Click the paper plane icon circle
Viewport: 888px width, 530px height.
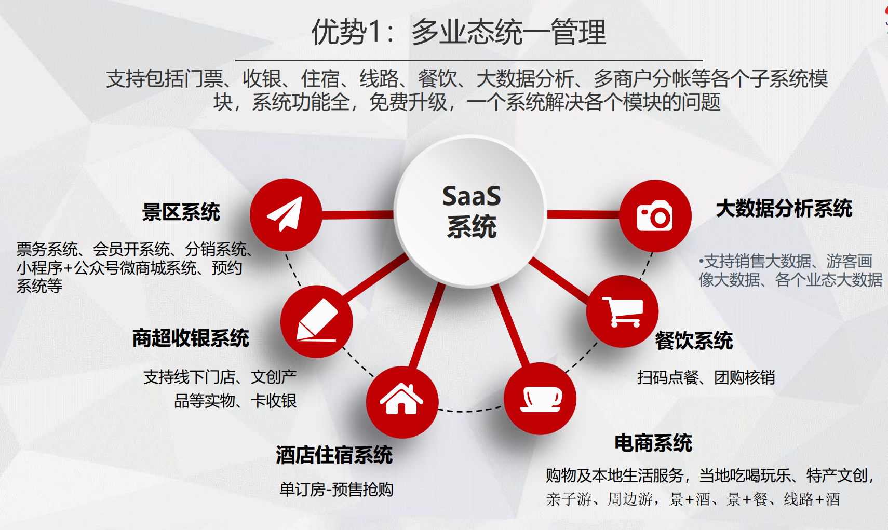tap(286, 214)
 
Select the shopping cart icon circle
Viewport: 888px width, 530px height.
tap(622, 311)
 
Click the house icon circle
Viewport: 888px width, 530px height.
tap(402, 401)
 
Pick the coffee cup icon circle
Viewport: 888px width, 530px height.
tap(540, 398)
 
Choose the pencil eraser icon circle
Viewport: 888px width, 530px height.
tap(316, 321)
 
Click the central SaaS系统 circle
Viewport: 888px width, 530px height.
tap(470, 211)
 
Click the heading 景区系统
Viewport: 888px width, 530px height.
tap(181, 212)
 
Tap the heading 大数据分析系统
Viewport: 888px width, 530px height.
tap(784, 208)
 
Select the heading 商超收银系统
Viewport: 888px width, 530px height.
tap(191, 338)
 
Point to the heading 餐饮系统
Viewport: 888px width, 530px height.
tap(693, 341)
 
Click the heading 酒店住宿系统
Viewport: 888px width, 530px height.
tap(334, 455)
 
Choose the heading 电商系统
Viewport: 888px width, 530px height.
tap(653, 443)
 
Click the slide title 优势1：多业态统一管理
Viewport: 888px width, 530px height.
tap(459, 32)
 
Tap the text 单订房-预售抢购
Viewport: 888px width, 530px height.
tap(336, 489)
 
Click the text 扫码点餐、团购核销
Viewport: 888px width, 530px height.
tap(706, 377)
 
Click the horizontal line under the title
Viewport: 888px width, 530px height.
tap(469, 61)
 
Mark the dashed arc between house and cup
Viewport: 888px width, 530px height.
tap(470, 411)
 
